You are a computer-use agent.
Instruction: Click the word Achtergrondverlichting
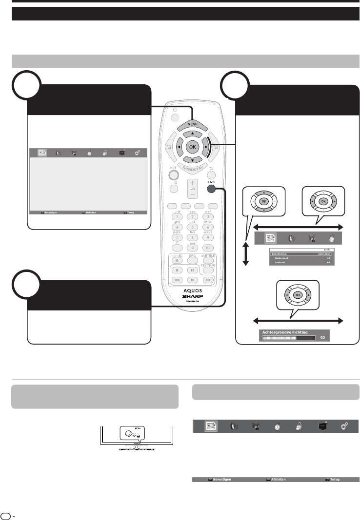285,332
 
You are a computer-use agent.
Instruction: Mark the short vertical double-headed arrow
246,249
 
